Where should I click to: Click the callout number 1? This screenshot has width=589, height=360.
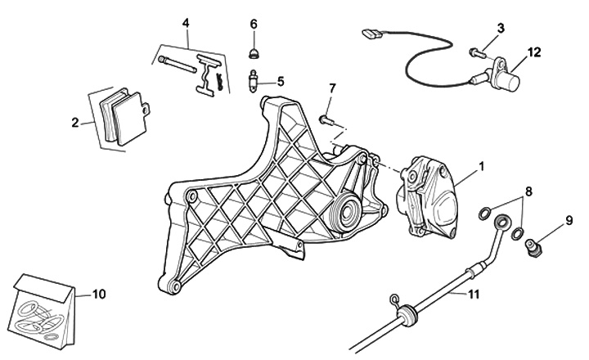(482, 166)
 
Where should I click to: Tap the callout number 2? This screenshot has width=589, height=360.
(75, 123)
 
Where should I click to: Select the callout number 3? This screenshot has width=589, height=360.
(500, 28)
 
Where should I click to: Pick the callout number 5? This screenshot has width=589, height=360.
(281, 81)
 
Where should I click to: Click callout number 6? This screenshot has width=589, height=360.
(254, 24)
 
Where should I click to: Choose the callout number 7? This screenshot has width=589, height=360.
(333, 88)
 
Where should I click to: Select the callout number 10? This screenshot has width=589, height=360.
(99, 292)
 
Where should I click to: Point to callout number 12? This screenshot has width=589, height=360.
(534, 53)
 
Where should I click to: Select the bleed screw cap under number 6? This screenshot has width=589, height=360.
(254, 54)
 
